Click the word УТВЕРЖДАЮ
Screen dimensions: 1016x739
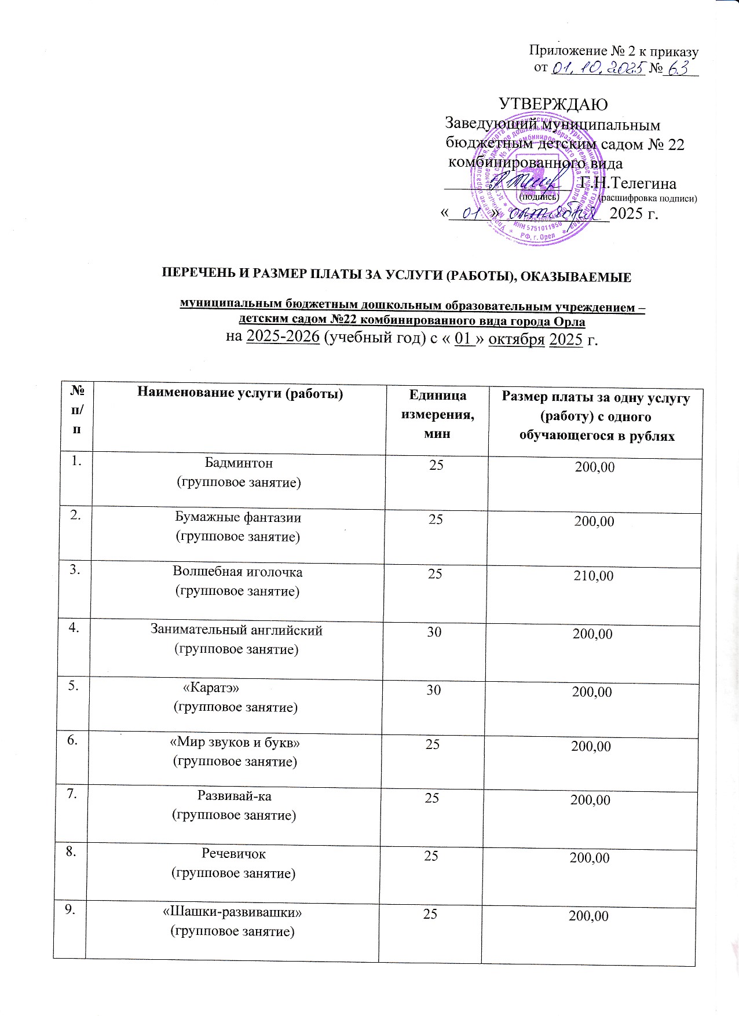[x=553, y=104]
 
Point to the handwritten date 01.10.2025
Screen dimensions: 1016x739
[x=596, y=69]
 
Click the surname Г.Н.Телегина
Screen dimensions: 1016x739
[x=628, y=184]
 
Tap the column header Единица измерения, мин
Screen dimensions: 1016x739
[x=437, y=414]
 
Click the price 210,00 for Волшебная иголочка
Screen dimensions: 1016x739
[x=594, y=576]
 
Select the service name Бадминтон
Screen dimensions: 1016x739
[x=239, y=463]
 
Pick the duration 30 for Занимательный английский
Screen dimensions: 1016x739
[x=434, y=631]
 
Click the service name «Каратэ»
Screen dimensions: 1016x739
[x=211, y=688]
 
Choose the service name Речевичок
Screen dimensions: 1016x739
[x=234, y=853]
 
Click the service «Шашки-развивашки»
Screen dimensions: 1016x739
[x=232, y=912]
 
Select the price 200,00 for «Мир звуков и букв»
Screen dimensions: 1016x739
[x=591, y=747]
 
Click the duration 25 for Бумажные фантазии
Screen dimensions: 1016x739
[x=436, y=519]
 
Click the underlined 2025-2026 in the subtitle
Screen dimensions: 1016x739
[x=283, y=338]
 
